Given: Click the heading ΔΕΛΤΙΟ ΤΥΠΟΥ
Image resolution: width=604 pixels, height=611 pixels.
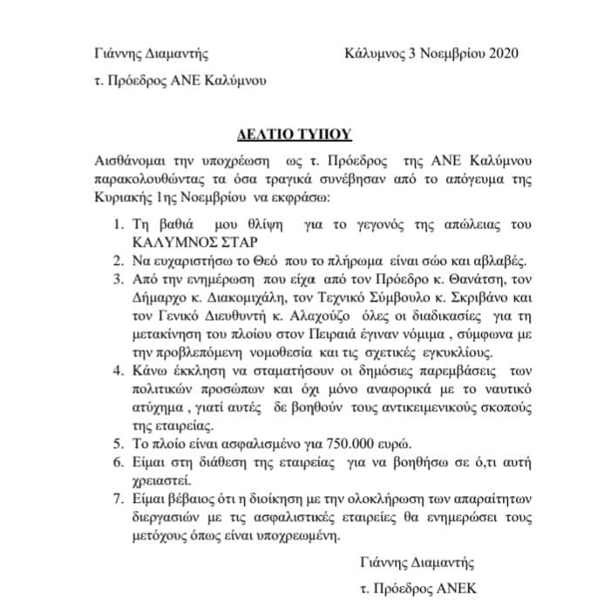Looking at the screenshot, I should coord(295,135).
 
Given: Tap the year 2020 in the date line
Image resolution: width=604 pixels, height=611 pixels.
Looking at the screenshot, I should coord(500,54).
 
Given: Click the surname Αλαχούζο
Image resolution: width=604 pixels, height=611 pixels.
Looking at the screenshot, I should coord(278,316).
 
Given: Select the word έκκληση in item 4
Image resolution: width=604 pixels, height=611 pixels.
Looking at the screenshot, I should coord(186,371).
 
